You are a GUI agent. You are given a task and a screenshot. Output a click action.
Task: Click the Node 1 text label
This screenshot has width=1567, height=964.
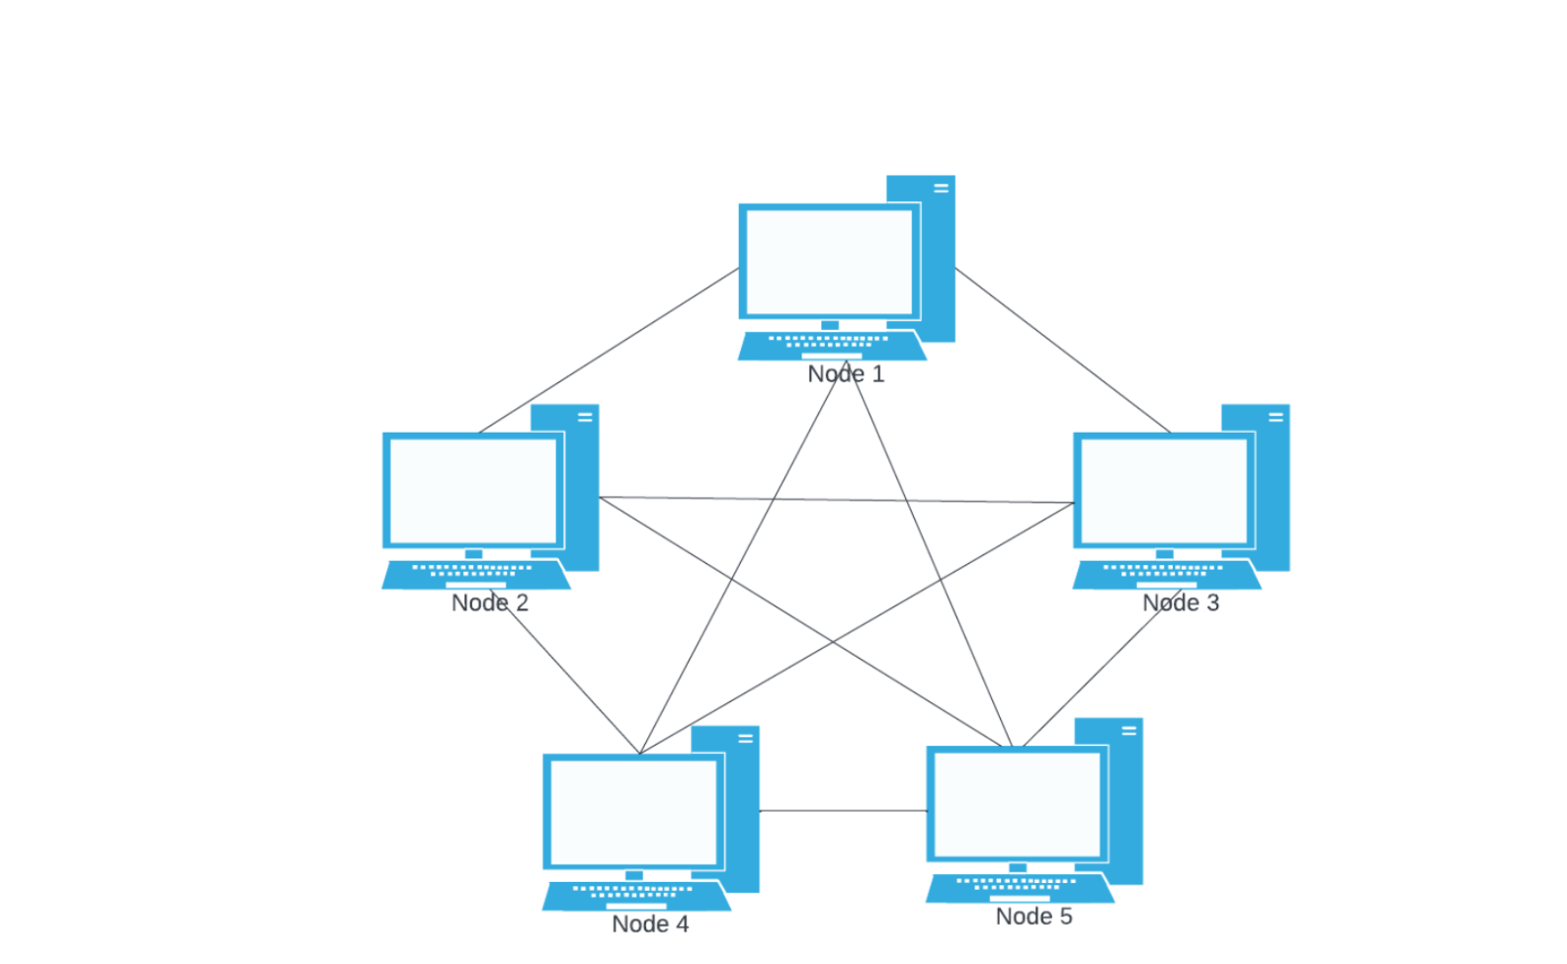click(846, 374)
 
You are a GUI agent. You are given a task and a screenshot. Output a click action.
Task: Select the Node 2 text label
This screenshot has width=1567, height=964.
click(490, 602)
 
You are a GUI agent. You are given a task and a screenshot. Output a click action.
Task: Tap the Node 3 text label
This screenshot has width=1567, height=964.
click(1181, 602)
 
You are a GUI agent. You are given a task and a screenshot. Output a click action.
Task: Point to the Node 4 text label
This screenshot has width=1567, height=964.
click(650, 924)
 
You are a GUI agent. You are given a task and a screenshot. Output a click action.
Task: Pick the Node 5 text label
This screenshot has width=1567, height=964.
click(1033, 917)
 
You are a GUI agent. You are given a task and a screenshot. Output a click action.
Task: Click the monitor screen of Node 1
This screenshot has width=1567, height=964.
click(829, 262)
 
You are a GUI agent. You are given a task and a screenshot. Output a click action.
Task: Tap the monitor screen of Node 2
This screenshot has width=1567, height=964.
click(473, 491)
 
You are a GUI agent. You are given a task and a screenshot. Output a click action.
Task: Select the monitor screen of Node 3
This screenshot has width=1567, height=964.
click(1164, 491)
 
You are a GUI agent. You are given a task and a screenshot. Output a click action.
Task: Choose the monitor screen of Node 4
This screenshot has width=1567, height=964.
click(633, 812)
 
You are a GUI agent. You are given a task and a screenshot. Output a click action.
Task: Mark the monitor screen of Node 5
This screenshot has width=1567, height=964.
click(1017, 804)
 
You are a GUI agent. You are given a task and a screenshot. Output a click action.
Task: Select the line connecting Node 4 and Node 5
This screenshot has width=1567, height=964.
click(843, 811)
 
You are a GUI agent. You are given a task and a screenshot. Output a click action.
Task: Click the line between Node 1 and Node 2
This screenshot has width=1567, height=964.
click(610, 351)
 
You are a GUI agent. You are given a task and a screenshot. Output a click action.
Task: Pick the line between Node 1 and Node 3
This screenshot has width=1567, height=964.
click(1063, 351)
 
